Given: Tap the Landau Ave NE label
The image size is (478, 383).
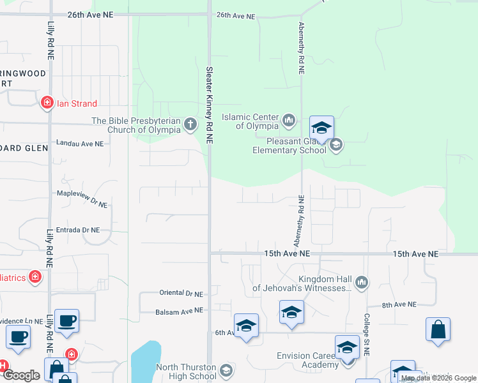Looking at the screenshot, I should point(80,144).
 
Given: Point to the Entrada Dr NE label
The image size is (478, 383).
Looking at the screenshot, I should point(78,230).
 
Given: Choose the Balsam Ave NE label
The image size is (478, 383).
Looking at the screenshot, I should point(179,312).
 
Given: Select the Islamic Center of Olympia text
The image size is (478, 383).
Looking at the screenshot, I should point(250,121).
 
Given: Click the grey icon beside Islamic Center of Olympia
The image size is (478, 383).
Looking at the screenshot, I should point(289,119).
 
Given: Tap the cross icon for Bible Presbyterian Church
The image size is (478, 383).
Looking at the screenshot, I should point(190,123).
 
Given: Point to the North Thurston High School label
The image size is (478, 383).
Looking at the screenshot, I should point(186,372).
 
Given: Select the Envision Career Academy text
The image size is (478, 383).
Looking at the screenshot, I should point(307,360).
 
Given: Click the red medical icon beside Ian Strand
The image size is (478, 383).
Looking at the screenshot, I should point(47,102).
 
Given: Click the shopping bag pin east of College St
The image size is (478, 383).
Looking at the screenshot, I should point(438,329).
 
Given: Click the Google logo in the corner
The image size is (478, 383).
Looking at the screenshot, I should point(22,375).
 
